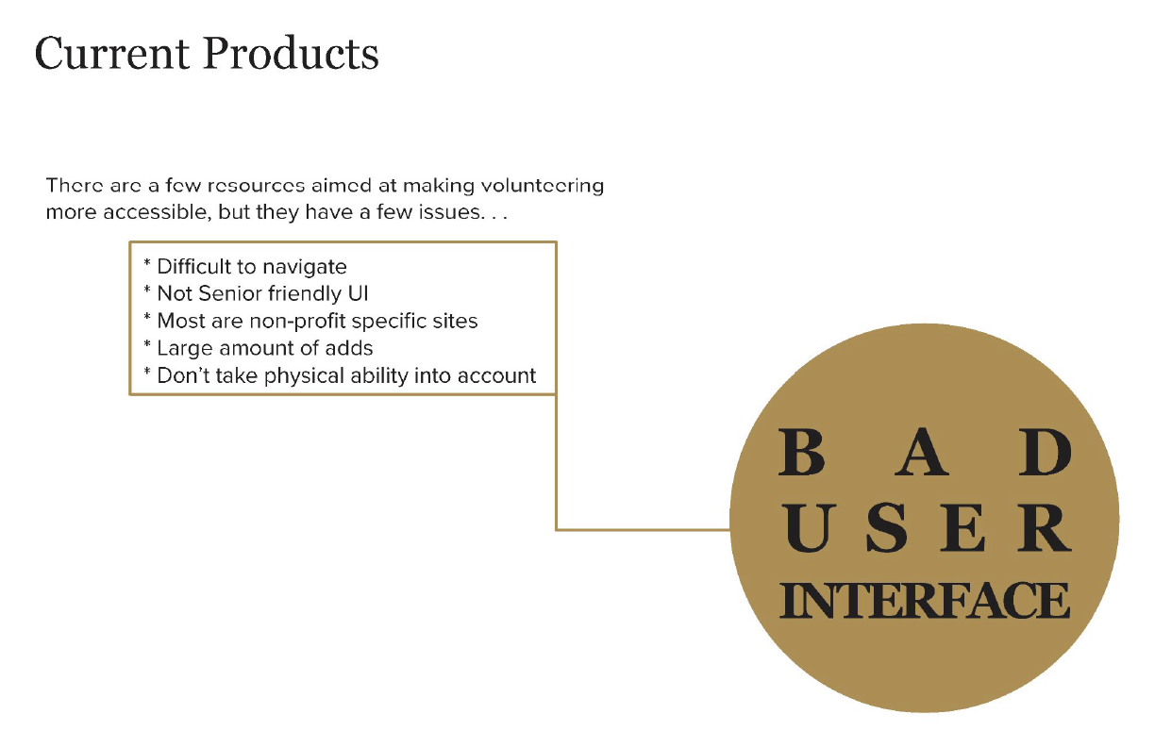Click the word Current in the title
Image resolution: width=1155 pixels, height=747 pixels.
pyautogui.click(x=111, y=54)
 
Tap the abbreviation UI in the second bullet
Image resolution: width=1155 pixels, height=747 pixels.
pyautogui.click(x=359, y=293)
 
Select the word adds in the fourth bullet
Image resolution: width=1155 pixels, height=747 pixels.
pyautogui.click(x=348, y=348)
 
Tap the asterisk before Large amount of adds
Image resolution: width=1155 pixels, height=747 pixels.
pyautogui.click(x=147, y=346)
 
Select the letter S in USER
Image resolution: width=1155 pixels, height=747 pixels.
pyautogui.click(x=886, y=529)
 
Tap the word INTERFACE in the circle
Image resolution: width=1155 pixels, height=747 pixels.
pyautogui.click(x=924, y=601)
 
